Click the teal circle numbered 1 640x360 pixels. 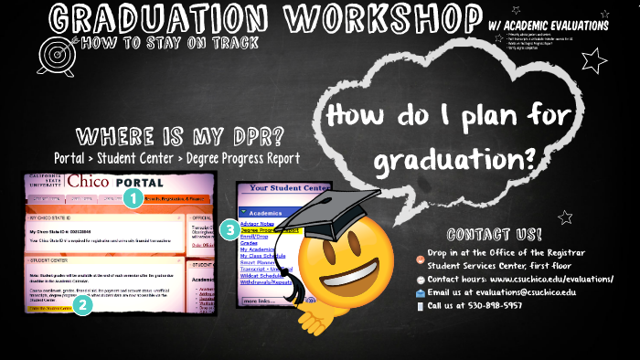[x=133, y=196]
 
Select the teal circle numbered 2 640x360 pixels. [x=82, y=306]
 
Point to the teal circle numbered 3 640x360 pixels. [x=229, y=228]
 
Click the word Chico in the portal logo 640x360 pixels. [x=86, y=181]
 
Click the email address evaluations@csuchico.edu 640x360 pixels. [x=527, y=292]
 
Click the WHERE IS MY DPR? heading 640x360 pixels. [x=179, y=137]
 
